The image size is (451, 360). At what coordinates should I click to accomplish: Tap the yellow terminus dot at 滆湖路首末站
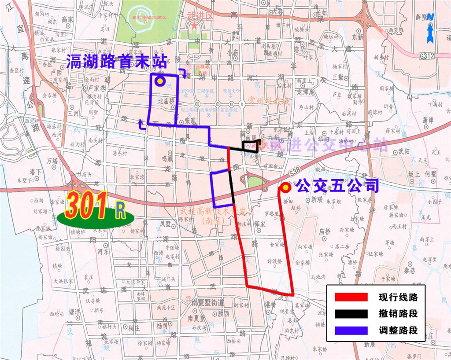(159, 81)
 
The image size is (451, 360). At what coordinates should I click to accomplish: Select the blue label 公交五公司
(337, 186)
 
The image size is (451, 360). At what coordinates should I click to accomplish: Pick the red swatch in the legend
(351, 298)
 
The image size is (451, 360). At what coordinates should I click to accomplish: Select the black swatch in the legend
(351, 314)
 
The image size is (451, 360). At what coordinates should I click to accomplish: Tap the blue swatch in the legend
(351, 330)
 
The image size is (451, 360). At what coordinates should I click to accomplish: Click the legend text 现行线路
(398, 298)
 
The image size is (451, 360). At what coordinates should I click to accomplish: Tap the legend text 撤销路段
(398, 314)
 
